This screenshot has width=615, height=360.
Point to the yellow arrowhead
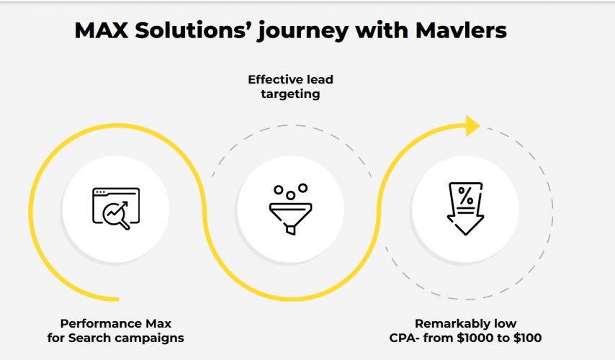click(472, 126)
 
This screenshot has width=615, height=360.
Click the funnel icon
click(290, 210)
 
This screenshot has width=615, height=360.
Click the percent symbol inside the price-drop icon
click(466, 195)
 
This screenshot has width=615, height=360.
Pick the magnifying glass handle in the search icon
click(125, 225)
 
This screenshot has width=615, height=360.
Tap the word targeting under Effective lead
click(290, 94)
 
